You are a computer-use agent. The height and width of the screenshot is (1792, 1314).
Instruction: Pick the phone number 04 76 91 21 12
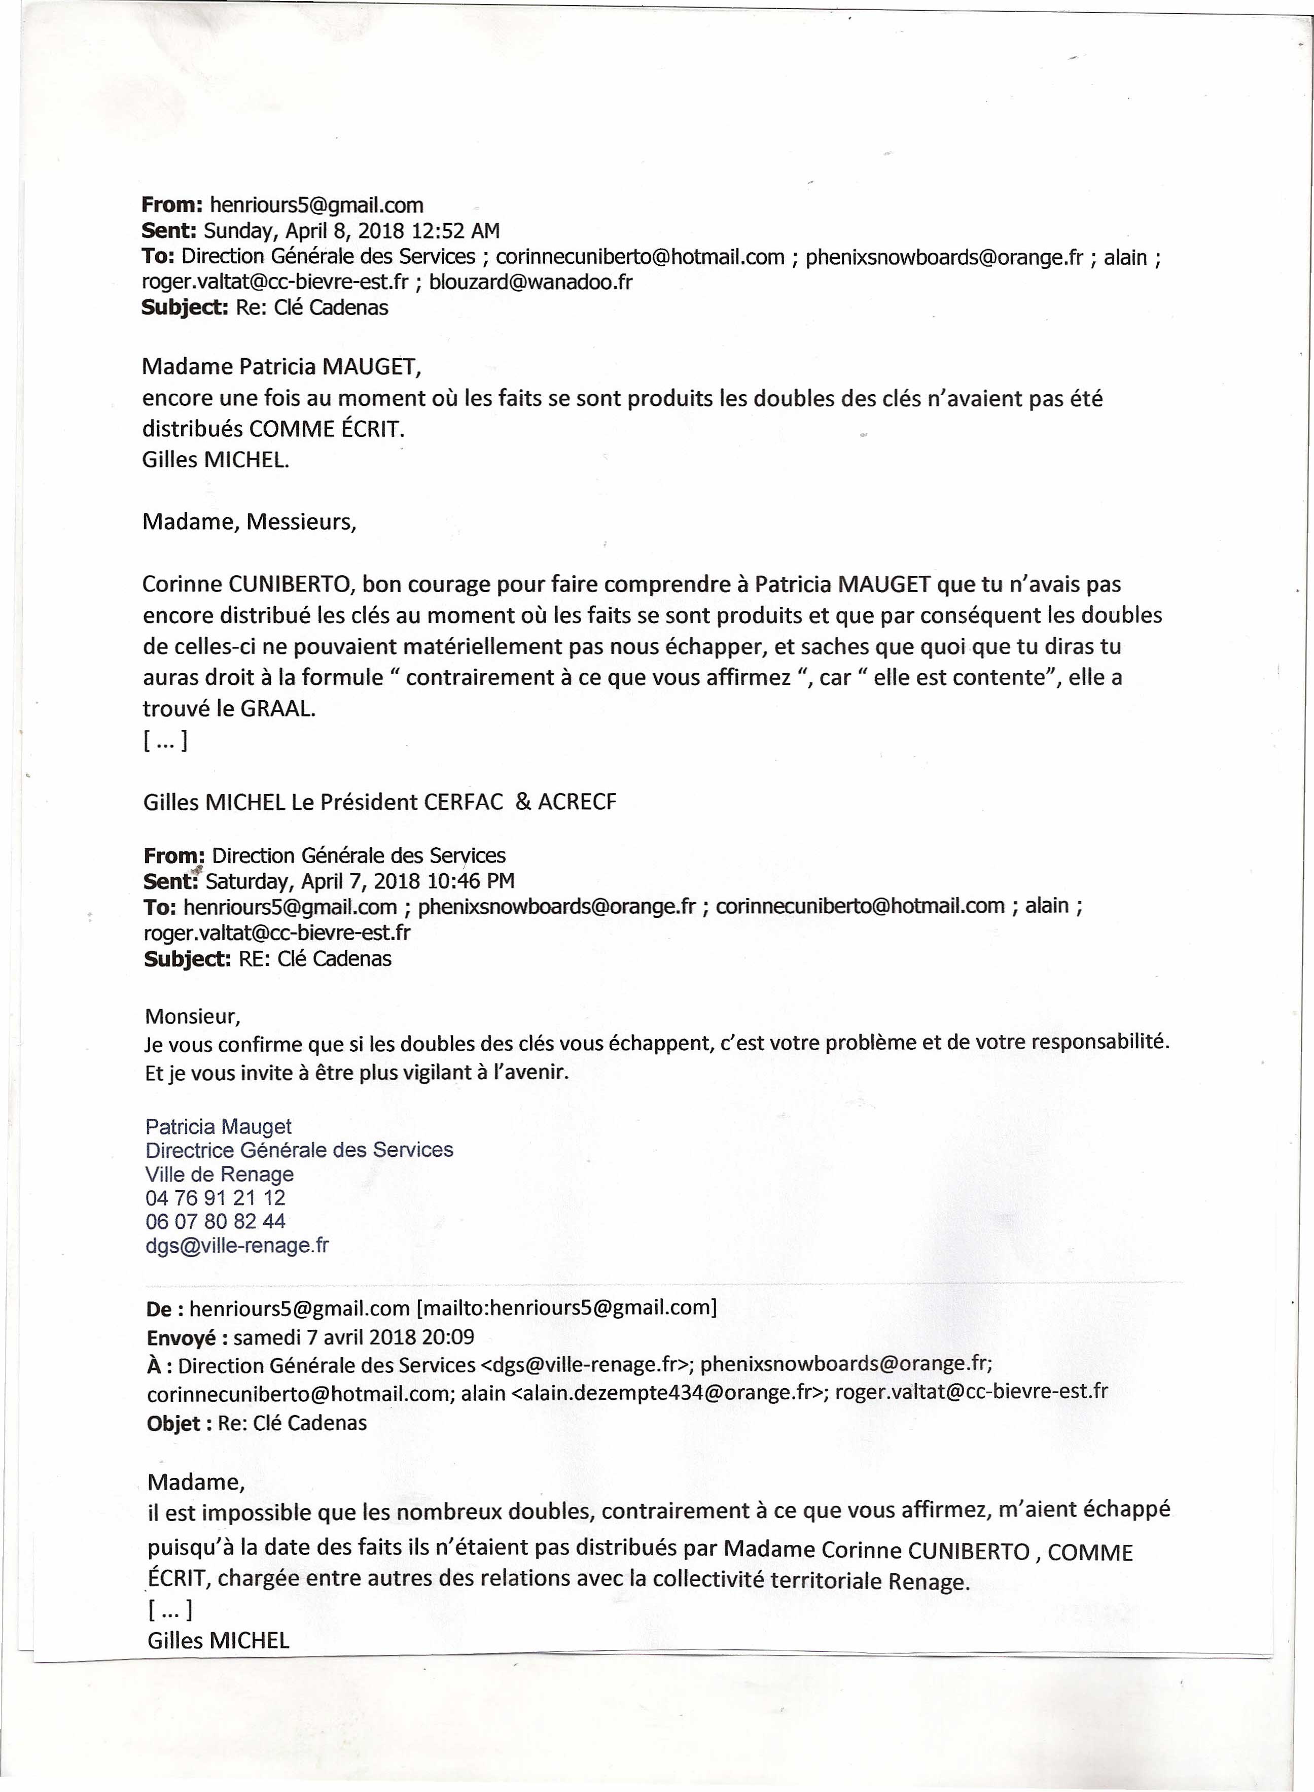pyautogui.click(x=216, y=1197)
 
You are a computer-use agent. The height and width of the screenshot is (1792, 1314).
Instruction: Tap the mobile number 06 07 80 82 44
pyautogui.click(x=216, y=1221)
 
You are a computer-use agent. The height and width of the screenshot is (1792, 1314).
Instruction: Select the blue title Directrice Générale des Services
pyautogui.click(x=299, y=1150)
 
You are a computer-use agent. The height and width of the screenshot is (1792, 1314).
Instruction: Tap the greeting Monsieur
pyautogui.click(x=192, y=1016)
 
